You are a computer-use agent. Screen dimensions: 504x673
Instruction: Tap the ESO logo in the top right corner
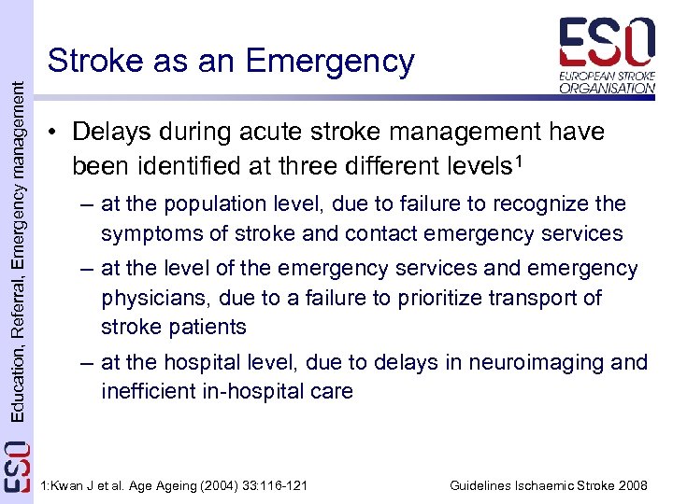pos(607,55)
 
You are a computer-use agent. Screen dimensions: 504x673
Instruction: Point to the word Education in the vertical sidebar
pos(16,380)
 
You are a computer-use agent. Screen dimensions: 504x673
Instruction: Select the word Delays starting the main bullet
pos(108,133)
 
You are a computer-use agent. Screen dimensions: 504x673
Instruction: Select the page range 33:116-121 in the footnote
pos(266,485)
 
